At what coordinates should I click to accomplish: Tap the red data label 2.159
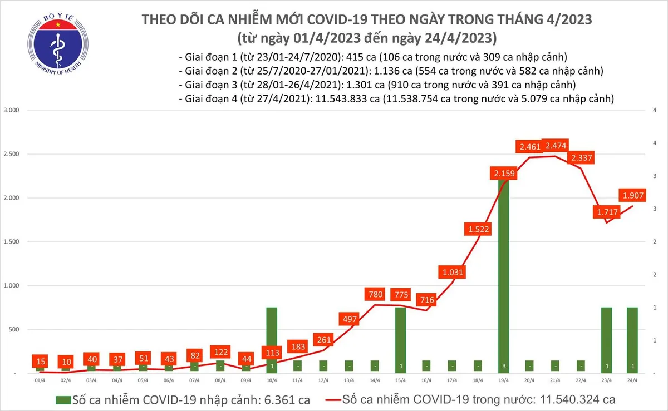coord(504,174)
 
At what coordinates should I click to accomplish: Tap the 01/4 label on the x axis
coord(40,380)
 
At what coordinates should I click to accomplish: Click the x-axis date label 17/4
coord(453,380)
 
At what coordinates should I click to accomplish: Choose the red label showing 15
coord(40,362)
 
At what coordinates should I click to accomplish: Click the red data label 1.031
coord(453,273)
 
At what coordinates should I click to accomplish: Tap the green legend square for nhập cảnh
coord(63,400)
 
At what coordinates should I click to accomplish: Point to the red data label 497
coord(349,319)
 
